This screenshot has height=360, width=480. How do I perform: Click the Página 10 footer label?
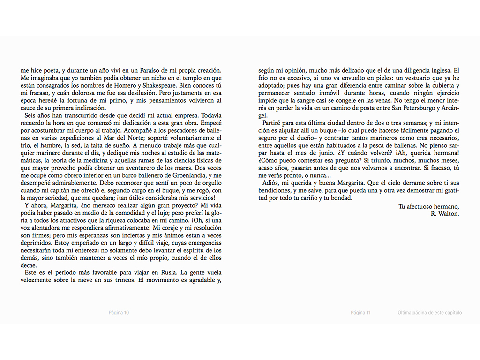pyautogui.click(x=119, y=313)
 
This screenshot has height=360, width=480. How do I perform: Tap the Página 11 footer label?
pyautogui.click(x=360, y=313)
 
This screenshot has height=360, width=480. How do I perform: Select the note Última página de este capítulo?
pyautogui.click(x=429, y=313)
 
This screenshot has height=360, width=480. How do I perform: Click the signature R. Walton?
pyautogui.click(x=445, y=213)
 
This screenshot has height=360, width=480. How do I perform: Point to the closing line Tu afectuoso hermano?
pyautogui.click(x=429, y=206)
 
